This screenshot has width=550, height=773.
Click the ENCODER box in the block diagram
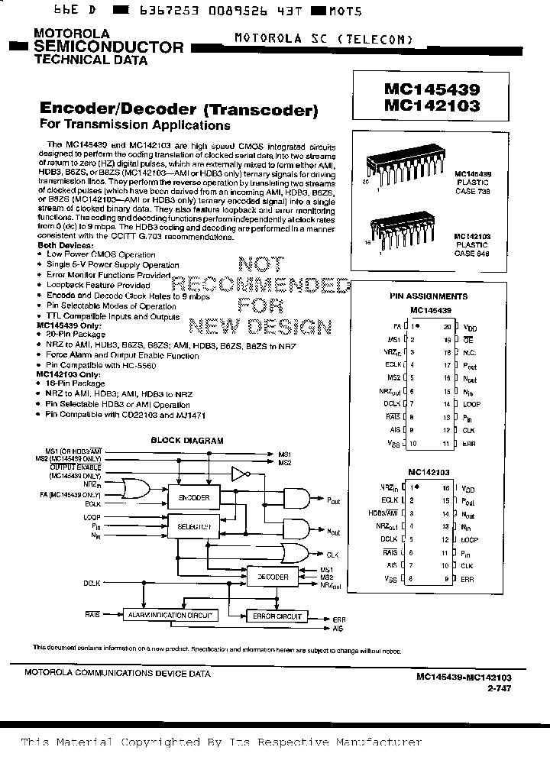193,497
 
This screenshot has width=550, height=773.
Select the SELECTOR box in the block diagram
193,527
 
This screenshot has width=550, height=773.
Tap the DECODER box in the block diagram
273,577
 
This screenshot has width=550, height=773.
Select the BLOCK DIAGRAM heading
186,441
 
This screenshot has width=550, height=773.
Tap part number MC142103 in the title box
432,105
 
